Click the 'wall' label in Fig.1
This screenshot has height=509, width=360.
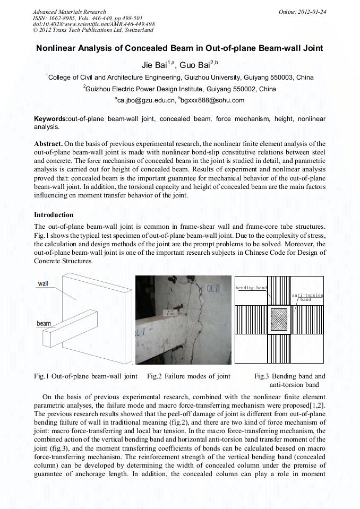[43, 283]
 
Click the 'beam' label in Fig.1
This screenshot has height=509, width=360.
[44, 323]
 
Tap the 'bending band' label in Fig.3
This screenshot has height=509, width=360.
[252, 288]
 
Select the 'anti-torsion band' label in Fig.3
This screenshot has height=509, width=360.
[307, 297]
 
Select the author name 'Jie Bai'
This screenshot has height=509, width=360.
[155, 65]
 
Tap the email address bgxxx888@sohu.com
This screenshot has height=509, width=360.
[212, 100]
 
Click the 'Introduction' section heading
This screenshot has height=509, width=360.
[54, 215]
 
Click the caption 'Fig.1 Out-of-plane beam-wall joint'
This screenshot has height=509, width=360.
[85, 376]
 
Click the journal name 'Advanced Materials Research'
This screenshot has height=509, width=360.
[69, 12]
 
